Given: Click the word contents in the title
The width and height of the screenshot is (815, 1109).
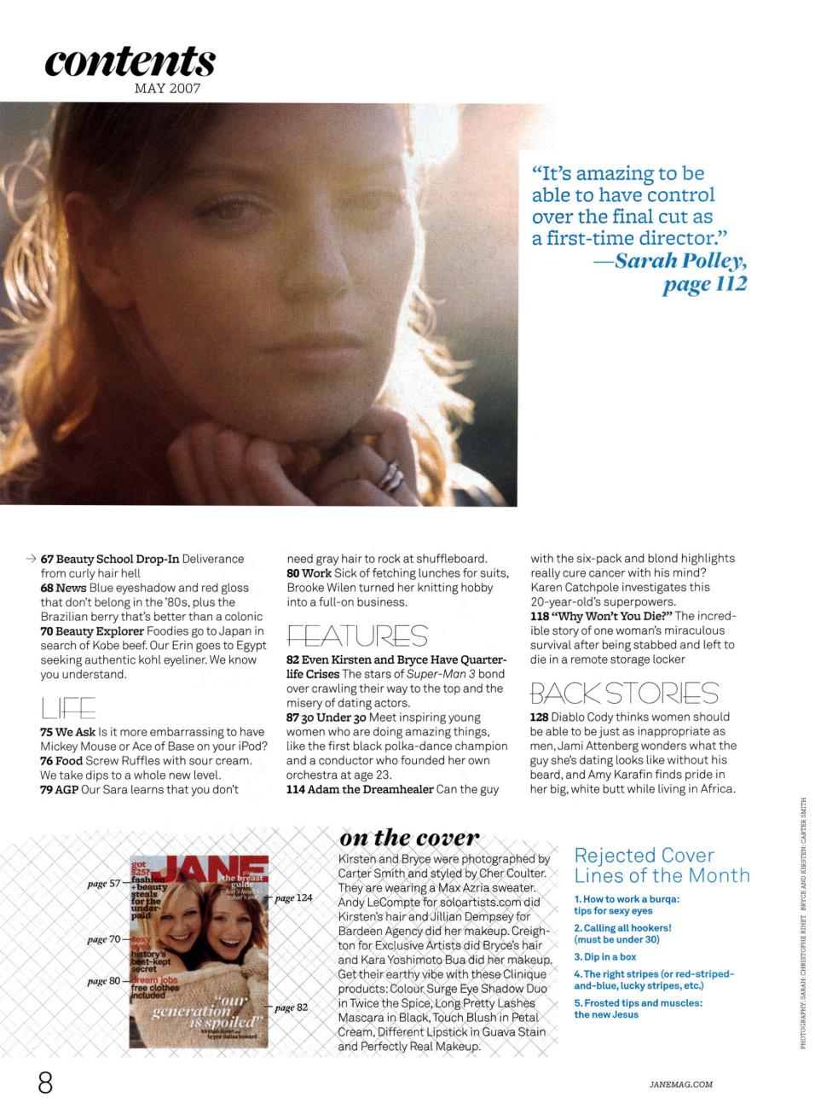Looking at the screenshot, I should click(x=130, y=61).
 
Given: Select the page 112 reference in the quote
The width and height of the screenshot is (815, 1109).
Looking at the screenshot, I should click(x=704, y=284).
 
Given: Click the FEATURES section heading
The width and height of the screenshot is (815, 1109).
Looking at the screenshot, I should click(x=357, y=636).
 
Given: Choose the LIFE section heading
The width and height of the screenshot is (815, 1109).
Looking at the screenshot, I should click(x=67, y=708).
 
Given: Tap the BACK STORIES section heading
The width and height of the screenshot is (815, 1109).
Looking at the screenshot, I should click(x=624, y=693).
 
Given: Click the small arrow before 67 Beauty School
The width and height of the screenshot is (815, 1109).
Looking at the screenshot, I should click(x=31, y=559).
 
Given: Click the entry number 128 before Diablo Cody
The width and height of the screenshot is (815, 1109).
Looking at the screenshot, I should click(x=539, y=717).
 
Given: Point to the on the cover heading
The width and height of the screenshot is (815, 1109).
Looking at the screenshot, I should click(x=409, y=838).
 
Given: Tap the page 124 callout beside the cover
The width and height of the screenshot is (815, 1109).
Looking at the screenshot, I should click(x=293, y=897).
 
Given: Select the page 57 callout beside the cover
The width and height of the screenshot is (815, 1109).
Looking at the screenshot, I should click(x=104, y=884).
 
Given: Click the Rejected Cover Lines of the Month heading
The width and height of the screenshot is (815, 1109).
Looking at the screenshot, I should click(x=662, y=865).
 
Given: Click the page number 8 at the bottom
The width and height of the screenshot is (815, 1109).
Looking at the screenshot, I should click(x=45, y=1083).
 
